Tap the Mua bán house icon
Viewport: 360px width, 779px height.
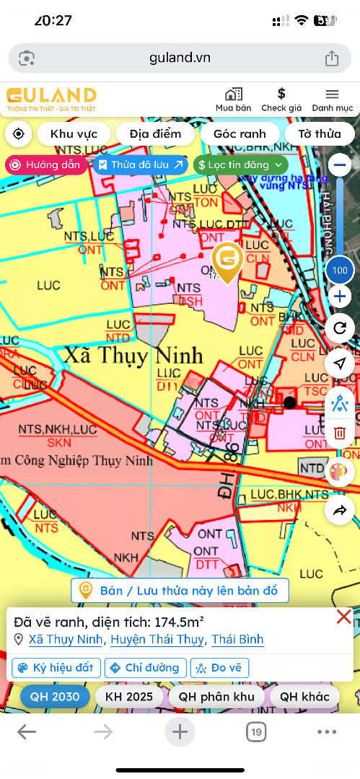point(233,94)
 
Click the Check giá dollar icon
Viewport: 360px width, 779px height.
point(281,94)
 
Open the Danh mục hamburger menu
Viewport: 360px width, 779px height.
point(332,94)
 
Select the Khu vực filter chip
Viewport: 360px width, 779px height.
point(74,133)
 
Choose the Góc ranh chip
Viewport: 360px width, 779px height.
point(240,133)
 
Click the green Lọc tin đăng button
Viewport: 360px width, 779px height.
point(240,164)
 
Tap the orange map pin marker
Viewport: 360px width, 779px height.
point(227,261)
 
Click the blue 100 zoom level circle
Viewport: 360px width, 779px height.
point(340,271)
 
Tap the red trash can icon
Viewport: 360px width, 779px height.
point(340,433)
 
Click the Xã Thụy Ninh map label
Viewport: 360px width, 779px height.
point(133,356)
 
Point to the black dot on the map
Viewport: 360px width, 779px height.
point(290,402)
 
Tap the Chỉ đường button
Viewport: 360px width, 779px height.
point(146,667)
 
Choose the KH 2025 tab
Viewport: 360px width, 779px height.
point(129,696)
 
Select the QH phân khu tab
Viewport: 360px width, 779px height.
point(217,696)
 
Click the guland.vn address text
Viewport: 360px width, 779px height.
point(180,58)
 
